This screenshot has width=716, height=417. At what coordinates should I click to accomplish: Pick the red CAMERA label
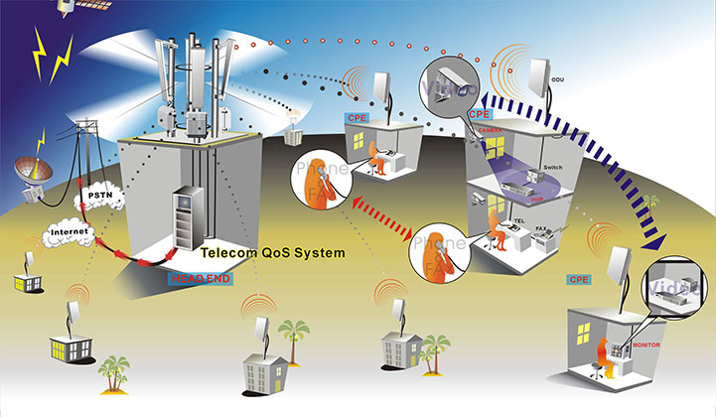pyautogui.click(x=491, y=129)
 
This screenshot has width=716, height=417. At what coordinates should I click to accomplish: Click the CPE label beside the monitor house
pyautogui.click(x=579, y=280)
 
